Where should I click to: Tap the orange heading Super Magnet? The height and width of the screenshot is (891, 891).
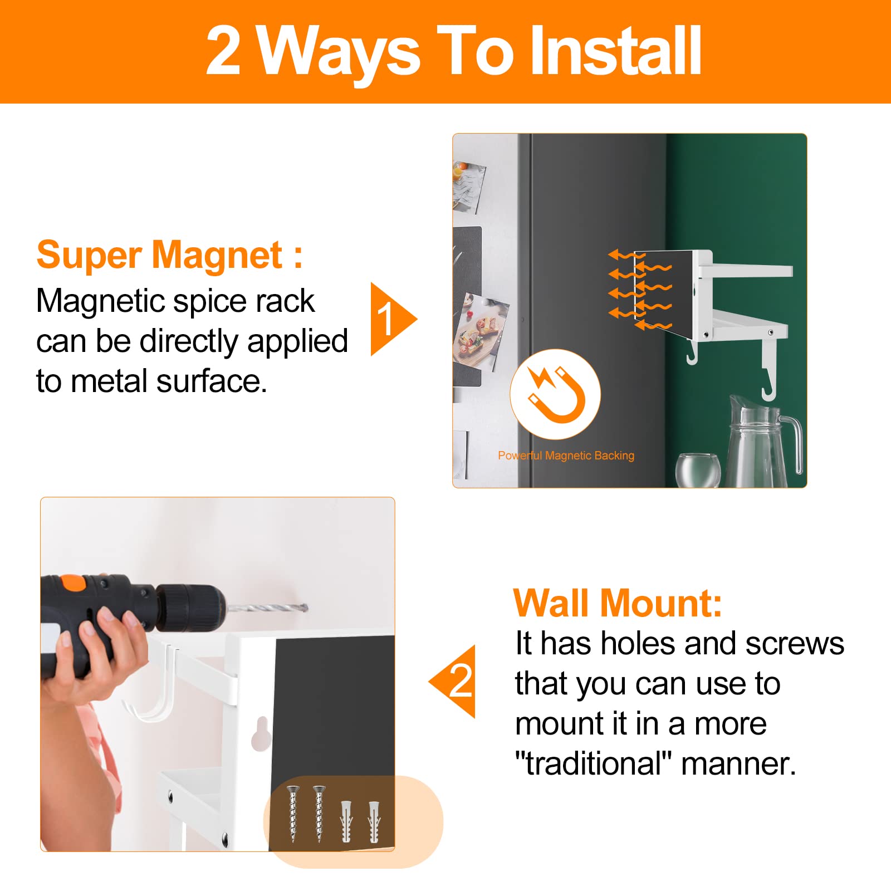[169, 255]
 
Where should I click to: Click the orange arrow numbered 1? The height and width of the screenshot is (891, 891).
[393, 319]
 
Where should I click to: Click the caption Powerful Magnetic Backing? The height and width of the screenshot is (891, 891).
[566, 456]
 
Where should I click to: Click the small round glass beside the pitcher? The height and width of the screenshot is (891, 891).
[698, 471]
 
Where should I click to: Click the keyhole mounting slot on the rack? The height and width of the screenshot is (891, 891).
[261, 734]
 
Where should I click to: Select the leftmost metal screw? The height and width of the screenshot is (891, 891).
[293, 813]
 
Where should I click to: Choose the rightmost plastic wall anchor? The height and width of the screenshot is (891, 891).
[374, 821]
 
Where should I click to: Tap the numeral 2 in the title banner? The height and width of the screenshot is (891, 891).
[223, 51]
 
